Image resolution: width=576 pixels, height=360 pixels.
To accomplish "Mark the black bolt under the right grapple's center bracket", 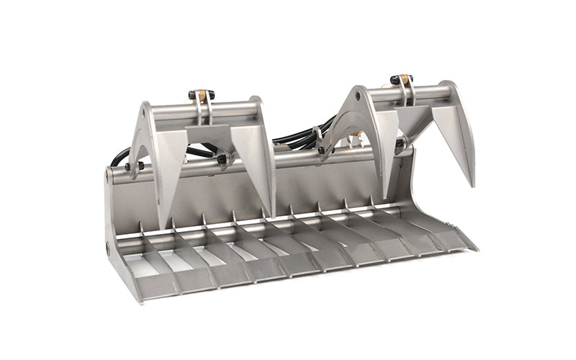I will click(x=398, y=143).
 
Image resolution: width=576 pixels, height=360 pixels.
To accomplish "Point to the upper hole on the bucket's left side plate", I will click(x=108, y=176).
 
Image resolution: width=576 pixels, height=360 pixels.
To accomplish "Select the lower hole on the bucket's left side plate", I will click(x=108, y=247).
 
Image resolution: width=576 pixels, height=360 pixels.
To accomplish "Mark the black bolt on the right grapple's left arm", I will click(x=318, y=132).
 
